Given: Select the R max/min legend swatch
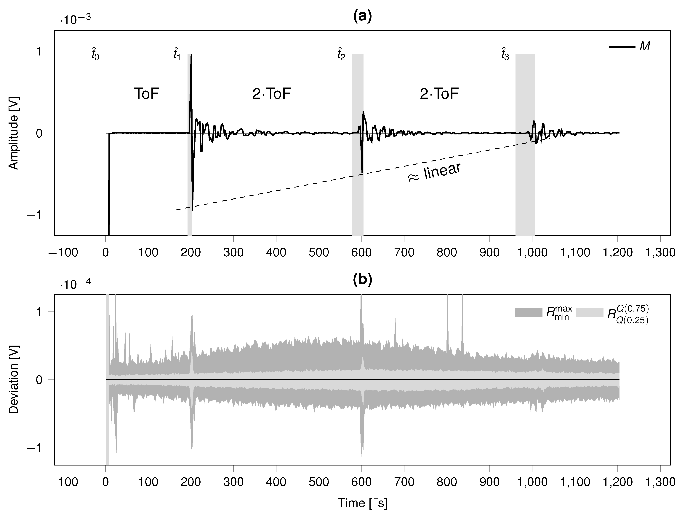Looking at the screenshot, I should tap(529, 312).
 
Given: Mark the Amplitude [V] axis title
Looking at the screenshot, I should tap(14, 133).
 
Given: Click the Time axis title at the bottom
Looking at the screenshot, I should tap(363, 503).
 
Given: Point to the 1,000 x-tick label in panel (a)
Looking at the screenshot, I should tap(532, 252).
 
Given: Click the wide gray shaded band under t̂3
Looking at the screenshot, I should tap(525, 185).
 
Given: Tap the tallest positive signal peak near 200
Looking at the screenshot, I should tap(191, 55).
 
